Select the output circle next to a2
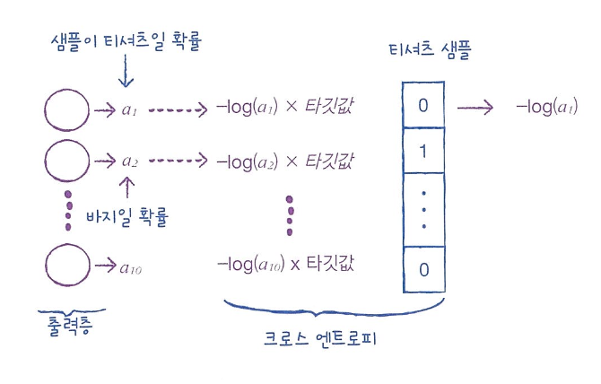65,161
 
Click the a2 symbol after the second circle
131,162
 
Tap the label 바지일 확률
128,216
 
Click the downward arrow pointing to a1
126,75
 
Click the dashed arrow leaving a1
178,111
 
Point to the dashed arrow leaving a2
178,161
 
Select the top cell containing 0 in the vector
423,106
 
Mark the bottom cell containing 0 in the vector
423,269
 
